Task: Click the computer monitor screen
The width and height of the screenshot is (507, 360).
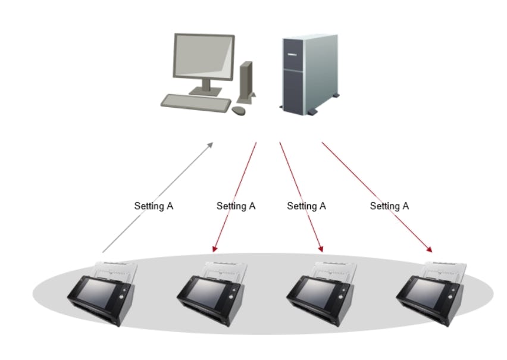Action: pyautogui.click(x=202, y=60)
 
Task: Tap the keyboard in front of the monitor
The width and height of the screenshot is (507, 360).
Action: pyautogui.click(x=196, y=103)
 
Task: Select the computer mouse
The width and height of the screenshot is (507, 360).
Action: pyautogui.click(x=239, y=111)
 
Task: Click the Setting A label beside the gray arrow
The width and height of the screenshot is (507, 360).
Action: pyautogui.click(x=154, y=206)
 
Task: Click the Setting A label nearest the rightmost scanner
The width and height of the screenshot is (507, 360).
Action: pyautogui.click(x=389, y=206)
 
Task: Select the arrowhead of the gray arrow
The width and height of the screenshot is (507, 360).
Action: pyautogui.click(x=211, y=145)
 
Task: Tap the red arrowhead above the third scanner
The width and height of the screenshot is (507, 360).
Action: pyautogui.click(x=321, y=248)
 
